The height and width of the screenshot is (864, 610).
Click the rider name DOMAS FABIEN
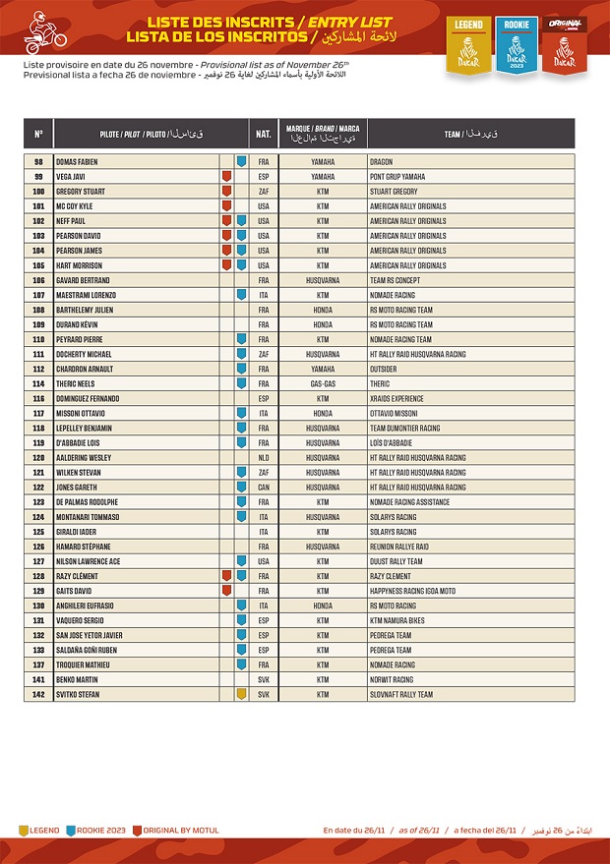(x=78, y=161)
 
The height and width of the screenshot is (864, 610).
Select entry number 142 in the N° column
(x=38, y=694)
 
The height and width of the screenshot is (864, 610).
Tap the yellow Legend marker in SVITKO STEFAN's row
(x=241, y=694)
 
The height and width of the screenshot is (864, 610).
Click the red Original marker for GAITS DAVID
(x=226, y=591)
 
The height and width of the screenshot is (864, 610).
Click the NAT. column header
(x=264, y=134)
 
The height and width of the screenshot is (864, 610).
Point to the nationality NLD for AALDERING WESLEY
(x=264, y=458)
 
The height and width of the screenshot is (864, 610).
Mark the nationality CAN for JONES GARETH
(x=264, y=488)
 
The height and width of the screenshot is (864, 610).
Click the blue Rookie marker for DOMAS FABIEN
(x=241, y=161)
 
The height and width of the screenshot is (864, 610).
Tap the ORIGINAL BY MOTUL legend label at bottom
(x=176, y=831)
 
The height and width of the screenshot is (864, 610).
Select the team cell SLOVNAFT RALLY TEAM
(x=400, y=694)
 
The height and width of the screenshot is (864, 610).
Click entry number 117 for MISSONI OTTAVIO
(x=38, y=413)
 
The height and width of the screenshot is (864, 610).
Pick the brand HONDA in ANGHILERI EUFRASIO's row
(x=323, y=605)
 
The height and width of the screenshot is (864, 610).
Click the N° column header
(x=38, y=134)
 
